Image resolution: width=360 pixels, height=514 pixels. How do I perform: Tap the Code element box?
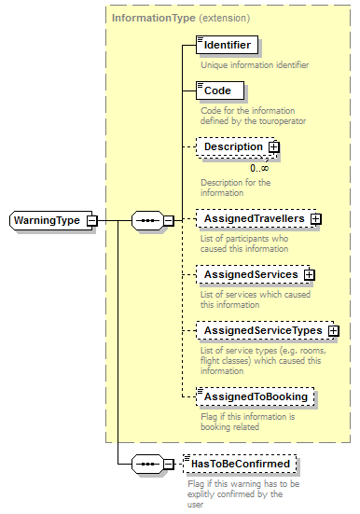coord(219,90)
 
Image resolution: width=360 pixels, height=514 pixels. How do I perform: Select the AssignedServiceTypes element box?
coord(262,330)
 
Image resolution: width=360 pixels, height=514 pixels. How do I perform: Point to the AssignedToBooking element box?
coord(254,396)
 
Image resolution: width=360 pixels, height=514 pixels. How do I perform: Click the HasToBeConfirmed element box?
coord(240,464)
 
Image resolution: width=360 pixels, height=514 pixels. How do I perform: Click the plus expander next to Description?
coord(274,147)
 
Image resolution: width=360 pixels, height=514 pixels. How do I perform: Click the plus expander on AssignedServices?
coord(309,275)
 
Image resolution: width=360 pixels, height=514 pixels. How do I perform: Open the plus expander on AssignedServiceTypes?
coord(333,331)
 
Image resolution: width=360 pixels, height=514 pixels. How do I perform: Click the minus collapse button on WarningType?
coord(91,220)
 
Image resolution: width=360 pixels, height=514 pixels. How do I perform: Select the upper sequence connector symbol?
coord(146,220)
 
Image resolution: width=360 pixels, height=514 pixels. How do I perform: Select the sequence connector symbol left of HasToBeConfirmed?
coord(146,464)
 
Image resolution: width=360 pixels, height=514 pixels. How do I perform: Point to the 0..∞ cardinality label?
coord(258,167)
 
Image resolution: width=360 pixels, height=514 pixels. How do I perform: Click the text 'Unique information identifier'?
coord(255,65)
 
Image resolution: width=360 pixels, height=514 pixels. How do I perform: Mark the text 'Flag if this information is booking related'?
coord(248,421)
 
